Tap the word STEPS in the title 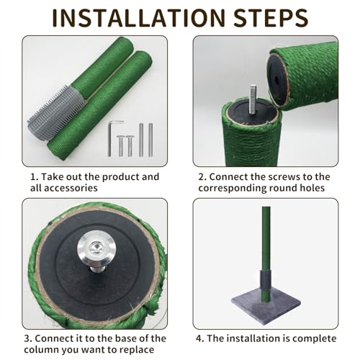(x=271, y=18)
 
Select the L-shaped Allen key (x=112, y=138)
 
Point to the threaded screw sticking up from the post (x=252, y=99)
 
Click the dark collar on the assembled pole (x=265, y=279)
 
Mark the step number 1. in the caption (x=35, y=177)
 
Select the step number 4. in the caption (x=200, y=338)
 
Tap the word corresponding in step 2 (x=232, y=188)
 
